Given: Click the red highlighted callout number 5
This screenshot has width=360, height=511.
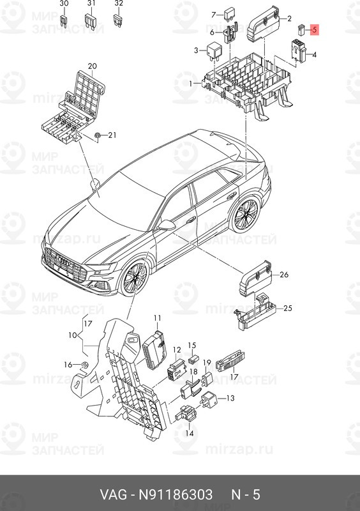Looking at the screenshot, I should click(315, 30).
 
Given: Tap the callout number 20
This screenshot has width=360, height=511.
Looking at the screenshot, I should click(92, 66).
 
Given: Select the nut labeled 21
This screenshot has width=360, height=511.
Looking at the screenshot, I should click(96, 135).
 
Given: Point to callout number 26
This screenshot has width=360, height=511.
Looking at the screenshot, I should click(284, 275).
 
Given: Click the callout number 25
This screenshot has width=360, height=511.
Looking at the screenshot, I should click(287, 309).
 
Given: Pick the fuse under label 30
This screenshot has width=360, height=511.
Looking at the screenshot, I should click(63, 20).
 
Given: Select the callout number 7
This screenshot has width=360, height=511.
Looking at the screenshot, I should click(214, 12).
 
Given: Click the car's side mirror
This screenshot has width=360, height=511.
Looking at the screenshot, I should click(167, 224).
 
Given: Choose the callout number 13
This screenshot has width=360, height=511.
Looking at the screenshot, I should click(230, 397).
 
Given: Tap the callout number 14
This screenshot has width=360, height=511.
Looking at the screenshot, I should click(189, 433).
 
